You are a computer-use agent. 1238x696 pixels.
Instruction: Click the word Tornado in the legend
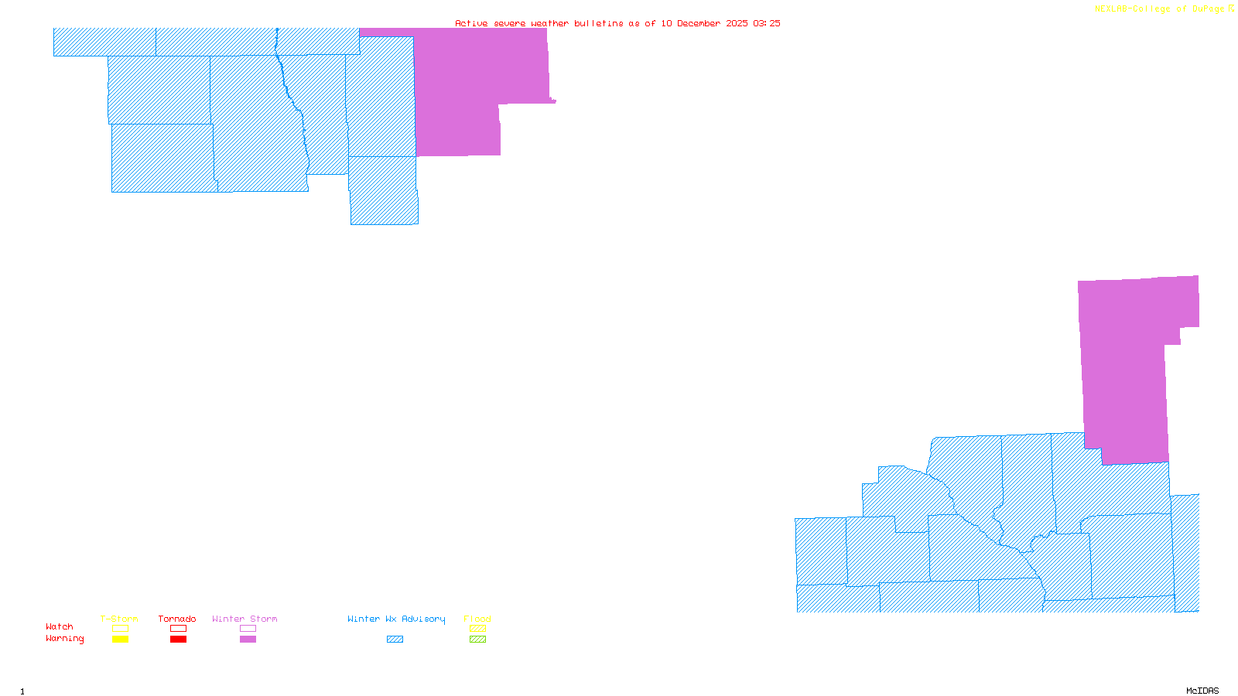[x=177, y=619]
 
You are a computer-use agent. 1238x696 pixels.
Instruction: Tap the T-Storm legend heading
[x=119, y=619]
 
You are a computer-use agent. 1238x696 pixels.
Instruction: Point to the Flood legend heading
[x=477, y=619]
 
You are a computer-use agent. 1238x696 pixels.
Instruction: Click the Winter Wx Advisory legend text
[x=396, y=619]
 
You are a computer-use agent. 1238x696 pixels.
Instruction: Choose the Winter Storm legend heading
[x=245, y=619]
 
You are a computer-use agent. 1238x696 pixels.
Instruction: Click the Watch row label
[x=60, y=626]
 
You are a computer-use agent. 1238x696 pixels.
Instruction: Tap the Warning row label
[x=65, y=639]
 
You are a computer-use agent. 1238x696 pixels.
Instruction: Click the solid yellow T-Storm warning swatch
[x=120, y=640]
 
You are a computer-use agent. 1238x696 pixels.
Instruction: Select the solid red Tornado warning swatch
[x=179, y=640]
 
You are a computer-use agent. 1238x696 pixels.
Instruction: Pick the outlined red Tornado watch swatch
[x=179, y=629]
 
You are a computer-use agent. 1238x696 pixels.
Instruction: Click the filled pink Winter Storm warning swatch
[x=248, y=640]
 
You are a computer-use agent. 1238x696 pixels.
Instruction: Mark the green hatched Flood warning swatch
[x=478, y=640]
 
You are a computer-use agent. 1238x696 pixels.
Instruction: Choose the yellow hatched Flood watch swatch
[x=478, y=629]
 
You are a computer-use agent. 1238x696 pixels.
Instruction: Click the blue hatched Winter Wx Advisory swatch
[x=395, y=640]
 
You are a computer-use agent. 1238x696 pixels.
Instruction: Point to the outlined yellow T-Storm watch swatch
[x=120, y=629]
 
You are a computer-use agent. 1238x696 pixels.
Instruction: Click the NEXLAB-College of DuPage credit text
[x=1160, y=9]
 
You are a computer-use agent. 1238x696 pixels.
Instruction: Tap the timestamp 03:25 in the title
[x=766, y=23]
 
